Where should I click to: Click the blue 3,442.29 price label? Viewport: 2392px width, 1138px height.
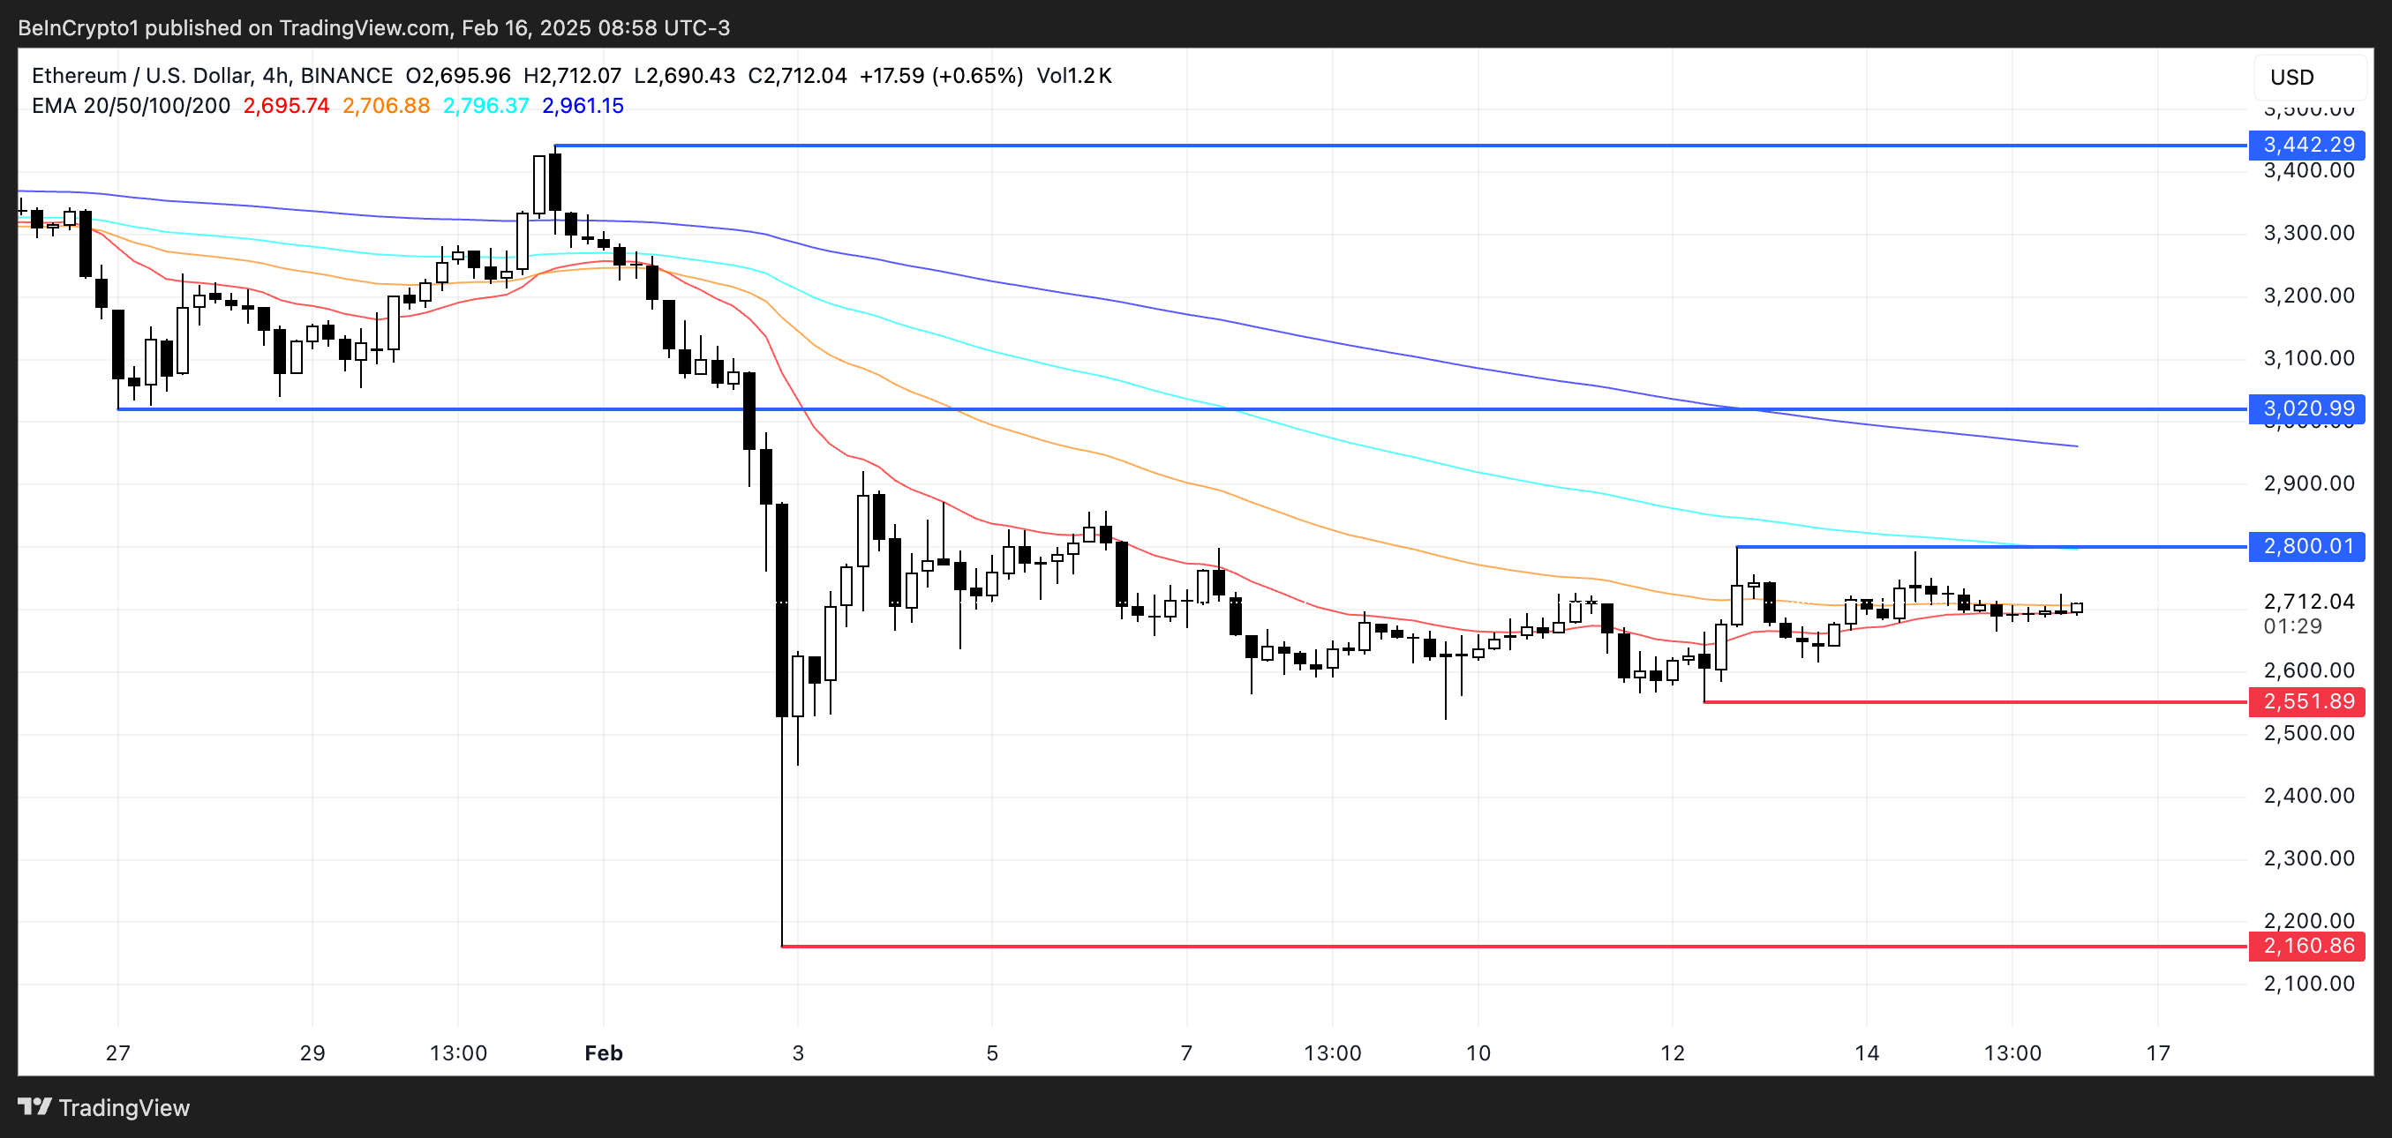(x=2307, y=145)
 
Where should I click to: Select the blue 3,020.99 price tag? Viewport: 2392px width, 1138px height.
(x=2307, y=408)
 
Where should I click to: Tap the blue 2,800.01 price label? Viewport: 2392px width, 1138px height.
(x=2307, y=546)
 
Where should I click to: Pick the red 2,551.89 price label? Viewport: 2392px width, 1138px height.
(x=2307, y=700)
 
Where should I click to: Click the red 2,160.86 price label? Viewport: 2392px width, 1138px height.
(x=2307, y=946)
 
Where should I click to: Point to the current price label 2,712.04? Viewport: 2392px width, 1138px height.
(x=2308, y=602)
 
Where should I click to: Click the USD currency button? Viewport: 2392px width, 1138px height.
(x=2291, y=77)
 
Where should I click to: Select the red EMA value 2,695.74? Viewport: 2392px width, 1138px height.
(x=286, y=106)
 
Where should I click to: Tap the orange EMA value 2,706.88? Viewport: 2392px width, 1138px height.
(x=387, y=106)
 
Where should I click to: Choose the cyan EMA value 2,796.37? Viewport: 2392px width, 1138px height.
(x=485, y=106)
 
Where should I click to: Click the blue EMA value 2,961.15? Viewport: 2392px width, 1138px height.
(x=583, y=106)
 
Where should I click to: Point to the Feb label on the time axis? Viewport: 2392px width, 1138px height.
(x=604, y=1053)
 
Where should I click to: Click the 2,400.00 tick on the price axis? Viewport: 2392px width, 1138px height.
(x=2308, y=796)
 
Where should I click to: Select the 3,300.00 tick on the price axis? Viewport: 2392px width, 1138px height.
(x=2308, y=233)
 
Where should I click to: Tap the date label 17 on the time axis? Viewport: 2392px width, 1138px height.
(x=2158, y=1053)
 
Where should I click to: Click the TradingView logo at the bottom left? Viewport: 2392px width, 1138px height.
(x=104, y=1107)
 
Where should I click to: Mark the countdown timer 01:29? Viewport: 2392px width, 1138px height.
(x=2291, y=626)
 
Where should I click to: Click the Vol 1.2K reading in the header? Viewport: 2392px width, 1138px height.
(x=1074, y=76)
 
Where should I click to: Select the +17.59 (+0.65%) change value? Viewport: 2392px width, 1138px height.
(x=941, y=76)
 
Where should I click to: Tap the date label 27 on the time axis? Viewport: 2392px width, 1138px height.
(x=118, y=1053)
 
